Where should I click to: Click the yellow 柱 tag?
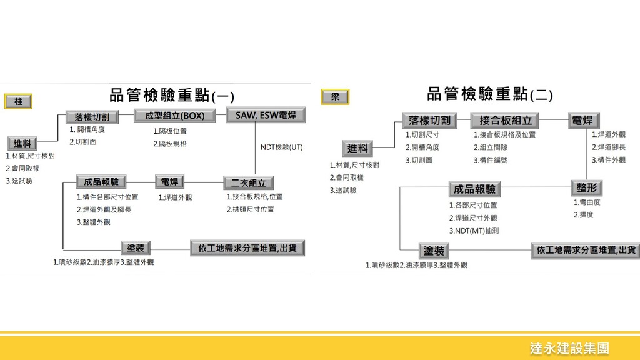pyautogui.click(x=17, y=101)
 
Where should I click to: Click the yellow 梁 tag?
pyautogui.click(x=335, y=97)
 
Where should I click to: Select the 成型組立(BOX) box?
pyautogui.click(x=174, y=116)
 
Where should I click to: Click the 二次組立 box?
pyautogui.click(x=248, y=182)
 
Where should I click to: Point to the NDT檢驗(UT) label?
pyautogui.click(x=281, y=147)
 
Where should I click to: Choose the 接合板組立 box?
pyautogui.click(x=506, y=120)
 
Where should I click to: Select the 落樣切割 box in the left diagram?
pyautogui.click(x=92, y=117)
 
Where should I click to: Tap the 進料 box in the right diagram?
pyautogui.click(x=357, y=148)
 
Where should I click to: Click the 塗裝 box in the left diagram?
pyautogui.click(x=136, y=247)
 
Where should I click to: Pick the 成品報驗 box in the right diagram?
pyautogui.click(x=475, y=189)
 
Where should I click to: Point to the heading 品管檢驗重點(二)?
pyautogui.click(x=489, y=95)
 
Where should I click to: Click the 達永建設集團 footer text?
pyautogui.click(x=569, y=348)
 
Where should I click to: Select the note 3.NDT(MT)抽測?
pyautogui.click(x=474, y=231)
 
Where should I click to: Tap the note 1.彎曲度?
pyautogui.click(x=587, y=202)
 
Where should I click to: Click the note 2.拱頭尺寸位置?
pyautogui.click(x=250, y=209)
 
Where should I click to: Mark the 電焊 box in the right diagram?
pyautogui.click(x=582, y=120)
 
